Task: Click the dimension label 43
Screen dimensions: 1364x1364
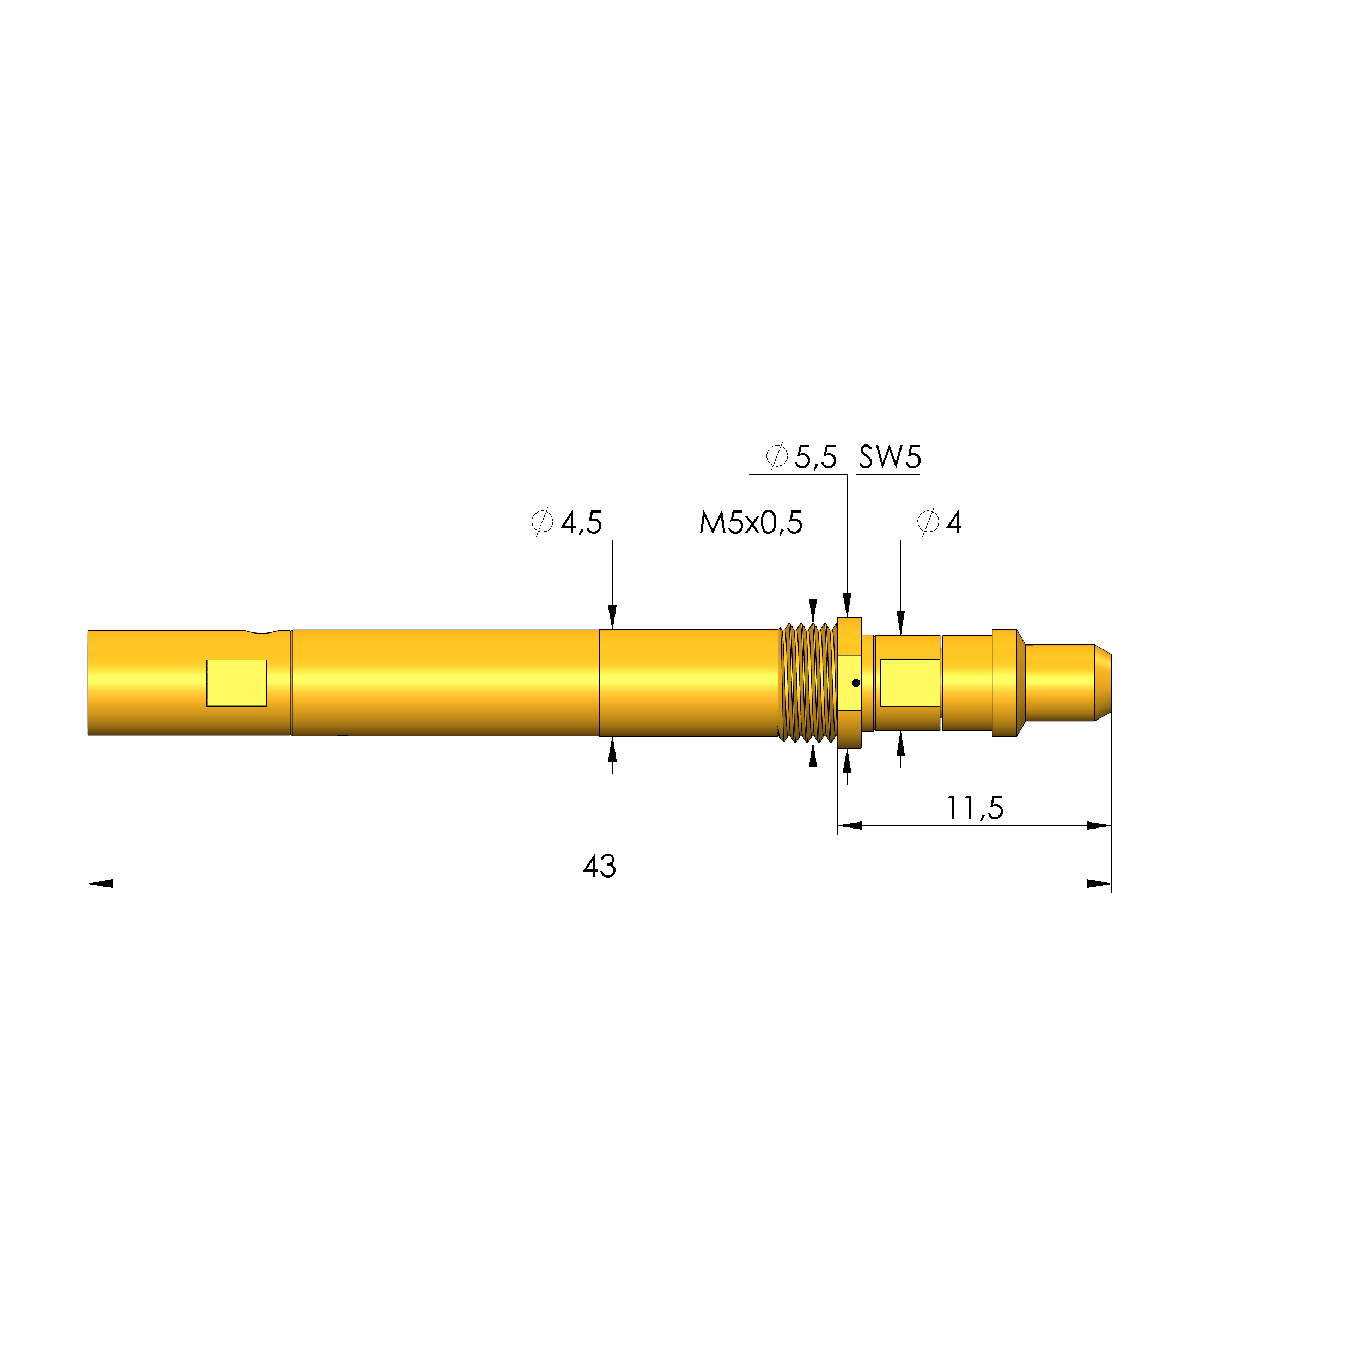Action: pos(599,866)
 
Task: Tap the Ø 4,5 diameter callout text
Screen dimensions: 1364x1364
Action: pos(567,523)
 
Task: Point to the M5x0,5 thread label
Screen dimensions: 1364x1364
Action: pos(751,523)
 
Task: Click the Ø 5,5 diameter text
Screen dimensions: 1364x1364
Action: pos(801,458)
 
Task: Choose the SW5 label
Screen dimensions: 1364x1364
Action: pos(890,458)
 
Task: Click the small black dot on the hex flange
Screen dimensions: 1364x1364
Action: pos(856,683)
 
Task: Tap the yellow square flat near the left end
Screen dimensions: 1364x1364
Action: pos(236,683)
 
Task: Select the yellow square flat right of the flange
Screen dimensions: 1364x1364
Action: pos(909,683)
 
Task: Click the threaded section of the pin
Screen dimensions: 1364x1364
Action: pos(807,683)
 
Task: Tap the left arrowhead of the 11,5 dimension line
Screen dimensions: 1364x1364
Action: pos(850,825)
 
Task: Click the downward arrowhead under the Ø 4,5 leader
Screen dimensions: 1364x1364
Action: pos(612,616)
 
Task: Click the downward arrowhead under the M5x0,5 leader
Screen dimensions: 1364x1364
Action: pos(813,611)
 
